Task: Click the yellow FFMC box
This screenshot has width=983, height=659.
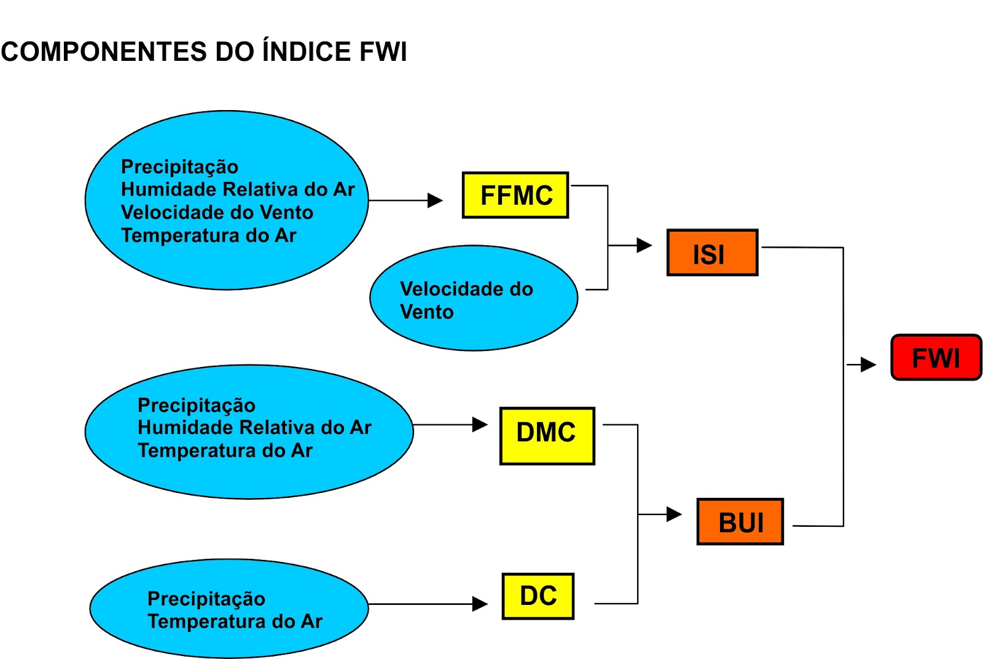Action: [x=515, y=195]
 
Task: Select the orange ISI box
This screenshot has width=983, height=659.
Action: [x=712, y=253]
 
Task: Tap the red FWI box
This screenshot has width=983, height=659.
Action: [x=936, y=358]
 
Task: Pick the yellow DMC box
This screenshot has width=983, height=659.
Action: [x=547, y=435]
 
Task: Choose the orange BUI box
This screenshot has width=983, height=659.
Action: [x=740, y=522]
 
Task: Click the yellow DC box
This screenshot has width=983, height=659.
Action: [x=538, y=596]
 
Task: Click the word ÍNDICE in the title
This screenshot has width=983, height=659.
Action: [x=307, y=52]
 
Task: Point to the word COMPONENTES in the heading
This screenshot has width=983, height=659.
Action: [x=103, y=52]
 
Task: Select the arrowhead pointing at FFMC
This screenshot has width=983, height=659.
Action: [x=436, y=200]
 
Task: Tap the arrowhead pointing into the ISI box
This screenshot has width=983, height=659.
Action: [x=644, y=245]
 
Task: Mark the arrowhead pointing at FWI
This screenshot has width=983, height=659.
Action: [x=869, y=365]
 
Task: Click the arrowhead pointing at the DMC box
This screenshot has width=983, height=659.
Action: [x=480, y=425]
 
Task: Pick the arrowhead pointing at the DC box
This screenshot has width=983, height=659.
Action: [x=480, y=604]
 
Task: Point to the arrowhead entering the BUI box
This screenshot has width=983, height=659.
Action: [x=675, y=514]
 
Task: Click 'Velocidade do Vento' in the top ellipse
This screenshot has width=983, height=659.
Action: [x=217, y=213]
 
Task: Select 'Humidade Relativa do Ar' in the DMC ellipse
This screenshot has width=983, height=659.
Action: [x=254, y=427]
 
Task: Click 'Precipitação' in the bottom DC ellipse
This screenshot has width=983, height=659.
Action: [x=206, y=599]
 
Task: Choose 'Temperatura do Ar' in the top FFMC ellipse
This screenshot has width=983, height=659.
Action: [x=208, y=235]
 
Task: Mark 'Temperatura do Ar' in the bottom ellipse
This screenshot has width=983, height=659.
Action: [x=235, y=622]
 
